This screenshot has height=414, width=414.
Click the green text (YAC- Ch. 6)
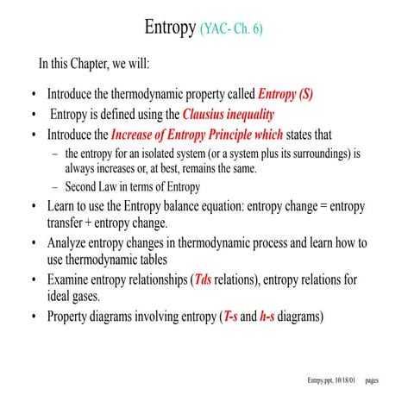[x=231, y=29]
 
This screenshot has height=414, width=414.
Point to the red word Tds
[x=204, y=280]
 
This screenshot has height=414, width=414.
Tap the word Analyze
[x=72, y=243]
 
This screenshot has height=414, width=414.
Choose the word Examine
[x=72, y=280]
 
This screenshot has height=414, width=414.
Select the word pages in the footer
[x=373, y=380]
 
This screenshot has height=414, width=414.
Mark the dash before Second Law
[x=55, y=187]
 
